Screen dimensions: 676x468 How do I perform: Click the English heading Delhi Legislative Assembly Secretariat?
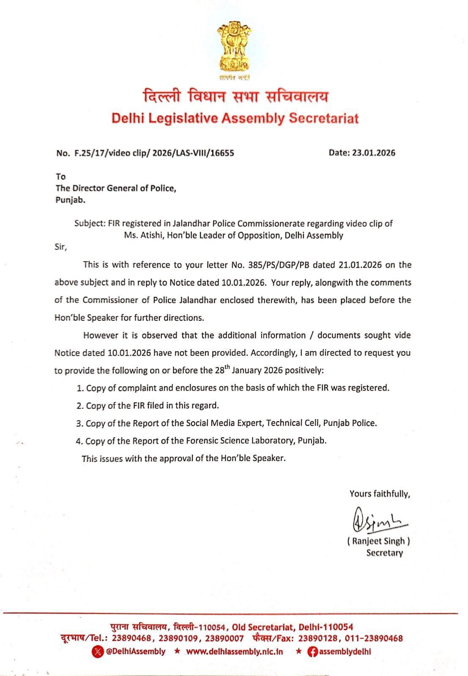tap(235, 118)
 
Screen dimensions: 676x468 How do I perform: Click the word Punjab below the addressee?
tap(70, 200)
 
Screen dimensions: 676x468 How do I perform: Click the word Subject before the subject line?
tap(89, 223)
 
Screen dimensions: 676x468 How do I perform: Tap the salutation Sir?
tap(60, 247)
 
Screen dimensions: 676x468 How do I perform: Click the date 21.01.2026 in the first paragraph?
tap(360, 265)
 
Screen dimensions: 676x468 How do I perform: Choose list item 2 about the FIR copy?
tap(148, 406)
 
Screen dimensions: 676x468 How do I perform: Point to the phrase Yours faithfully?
tap(380, 493)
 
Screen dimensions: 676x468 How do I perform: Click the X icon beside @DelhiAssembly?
tap(98, 651)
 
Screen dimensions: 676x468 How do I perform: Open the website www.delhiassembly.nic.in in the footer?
tap(234, 651)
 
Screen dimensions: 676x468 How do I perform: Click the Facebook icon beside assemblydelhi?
tap(312, 651)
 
